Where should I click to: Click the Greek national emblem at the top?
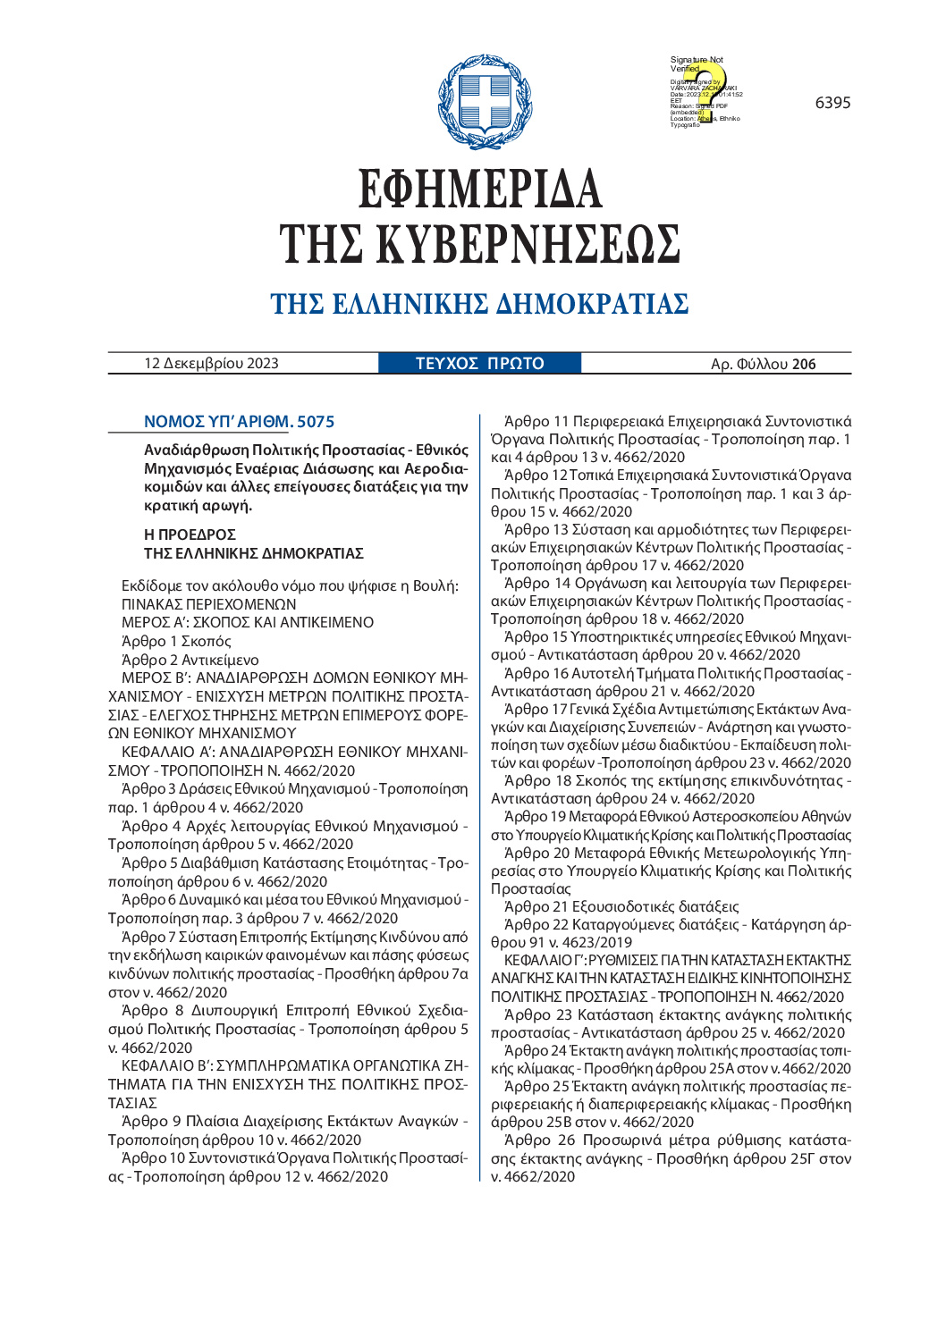pos(474,101)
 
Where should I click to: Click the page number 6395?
pos(832,103)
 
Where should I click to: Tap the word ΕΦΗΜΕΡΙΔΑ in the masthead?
pos(480,189)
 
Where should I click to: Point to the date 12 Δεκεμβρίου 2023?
pos(212,363)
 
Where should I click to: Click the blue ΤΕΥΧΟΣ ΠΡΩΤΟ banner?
pos(480,363)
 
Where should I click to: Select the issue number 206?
pos(804,364)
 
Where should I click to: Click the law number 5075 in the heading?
pos(316,422)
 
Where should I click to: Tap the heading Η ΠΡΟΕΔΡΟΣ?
pos(190,534)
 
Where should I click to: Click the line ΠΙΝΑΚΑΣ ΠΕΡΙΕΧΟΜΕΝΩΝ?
pos(209,604)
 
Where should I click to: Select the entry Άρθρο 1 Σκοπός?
pos(176,641)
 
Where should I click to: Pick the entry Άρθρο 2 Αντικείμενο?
pos(190,660)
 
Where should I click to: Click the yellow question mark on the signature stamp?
pos(706,89)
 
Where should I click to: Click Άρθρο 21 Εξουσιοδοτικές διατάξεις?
pos(621,906)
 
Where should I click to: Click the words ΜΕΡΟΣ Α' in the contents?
pos(153,622)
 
